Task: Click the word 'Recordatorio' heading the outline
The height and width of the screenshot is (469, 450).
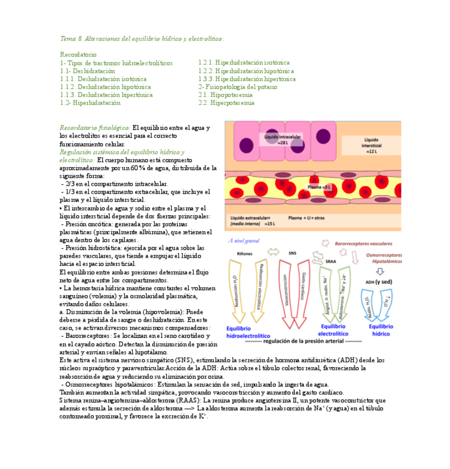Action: [x=78, y=55]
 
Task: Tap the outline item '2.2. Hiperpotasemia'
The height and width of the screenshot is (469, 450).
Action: [x=226, y=102]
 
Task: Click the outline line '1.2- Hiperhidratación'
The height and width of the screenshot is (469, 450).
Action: [x=91, y=102]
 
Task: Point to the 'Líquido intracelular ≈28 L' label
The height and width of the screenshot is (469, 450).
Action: [x=283, y=139]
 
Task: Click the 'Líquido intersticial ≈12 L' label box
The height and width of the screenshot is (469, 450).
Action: [x=372, y=145]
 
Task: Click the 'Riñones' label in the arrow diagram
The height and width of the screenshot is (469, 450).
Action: [x=245, y=253]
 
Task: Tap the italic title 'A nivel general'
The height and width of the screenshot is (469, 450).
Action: [x=243, y=241]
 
